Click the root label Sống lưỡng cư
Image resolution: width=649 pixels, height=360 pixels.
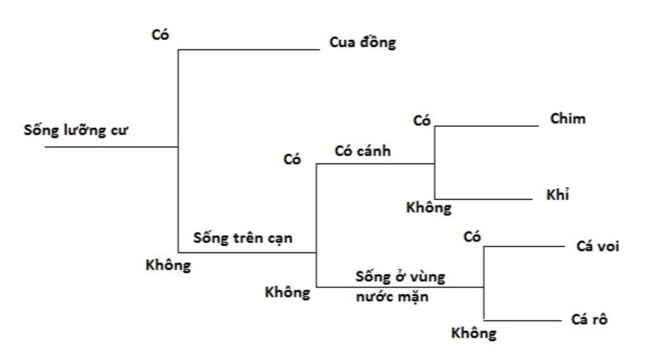point(76,131)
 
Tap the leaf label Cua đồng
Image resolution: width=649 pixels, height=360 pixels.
point(363,43)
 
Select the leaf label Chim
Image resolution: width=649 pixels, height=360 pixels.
point(568,119)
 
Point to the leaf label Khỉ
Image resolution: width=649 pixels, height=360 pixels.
point(558,195)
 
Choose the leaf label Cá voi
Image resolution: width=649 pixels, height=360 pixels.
point(598,246)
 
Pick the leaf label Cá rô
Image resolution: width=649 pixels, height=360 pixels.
point(589,319)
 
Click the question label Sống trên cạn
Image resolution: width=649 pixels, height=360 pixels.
point(243,239)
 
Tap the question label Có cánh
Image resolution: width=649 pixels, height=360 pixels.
point(363,151)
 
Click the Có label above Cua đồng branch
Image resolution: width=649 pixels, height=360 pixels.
point(160,35)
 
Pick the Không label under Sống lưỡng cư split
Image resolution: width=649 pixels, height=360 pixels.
point(168,265)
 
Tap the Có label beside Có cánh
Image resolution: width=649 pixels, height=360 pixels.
point(292,160)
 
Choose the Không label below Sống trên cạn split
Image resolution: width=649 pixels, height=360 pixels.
point(288,292)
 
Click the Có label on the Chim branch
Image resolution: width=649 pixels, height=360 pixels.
point(422,120)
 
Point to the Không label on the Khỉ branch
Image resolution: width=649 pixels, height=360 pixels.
point(429,207)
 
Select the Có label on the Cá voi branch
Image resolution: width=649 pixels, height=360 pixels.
point(472,237)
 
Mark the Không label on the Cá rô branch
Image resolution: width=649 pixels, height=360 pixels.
point(474,333)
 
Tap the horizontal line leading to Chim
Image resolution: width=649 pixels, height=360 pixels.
point(486,125)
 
